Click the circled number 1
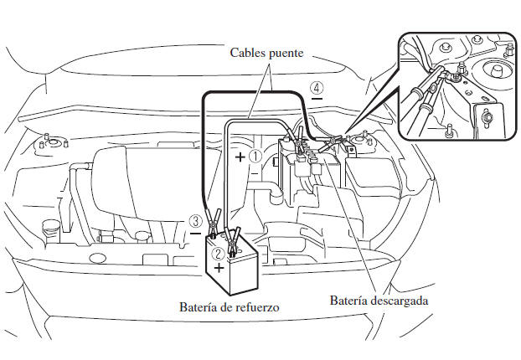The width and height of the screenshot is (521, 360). pyautogui.click(x=257, y=156)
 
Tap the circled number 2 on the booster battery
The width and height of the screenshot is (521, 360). pyautogui.click(x=218, y=251)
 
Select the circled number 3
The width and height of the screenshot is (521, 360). pyautogui.click(x=195, y=221)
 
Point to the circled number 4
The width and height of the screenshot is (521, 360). pyautogui.click(x=316, y=87)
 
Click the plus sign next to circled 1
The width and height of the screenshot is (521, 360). pyautogui.click(x=240, y=157)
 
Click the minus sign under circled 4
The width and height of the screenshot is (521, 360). pyautogui.click(x=316, y=99)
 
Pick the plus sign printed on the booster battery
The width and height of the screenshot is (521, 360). pyautogui.click(x=219, y=268)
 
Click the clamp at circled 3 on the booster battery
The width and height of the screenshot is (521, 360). pyautogui.click(x=214, y=224)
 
